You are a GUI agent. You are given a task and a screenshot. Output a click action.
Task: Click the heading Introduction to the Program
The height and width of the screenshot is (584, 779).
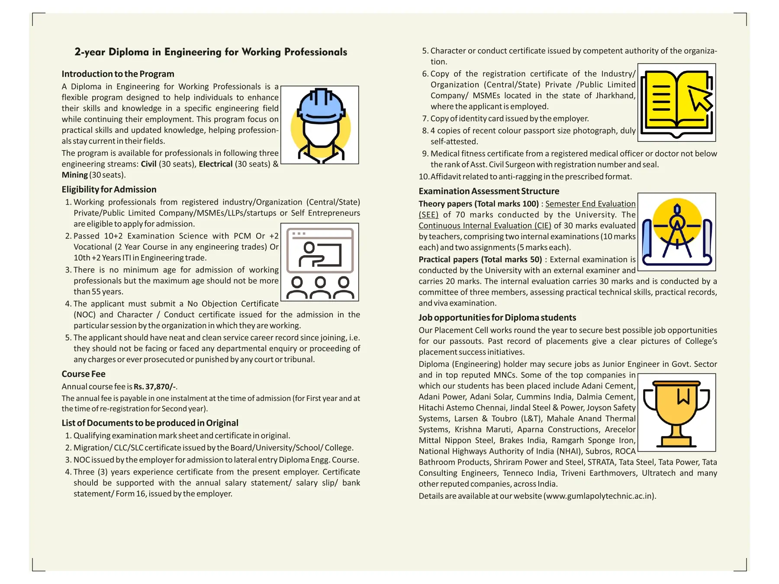(x=118, y=74)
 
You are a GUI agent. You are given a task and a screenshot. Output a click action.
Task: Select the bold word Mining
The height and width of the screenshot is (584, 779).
(x=74, y=175)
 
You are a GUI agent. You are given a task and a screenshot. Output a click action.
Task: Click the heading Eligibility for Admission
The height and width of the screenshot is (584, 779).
(x=109, y=189)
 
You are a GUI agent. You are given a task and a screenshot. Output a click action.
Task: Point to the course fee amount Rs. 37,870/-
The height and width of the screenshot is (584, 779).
(x=155, y=387)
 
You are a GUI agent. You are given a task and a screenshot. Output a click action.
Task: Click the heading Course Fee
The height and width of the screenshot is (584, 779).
(x=84, y=374)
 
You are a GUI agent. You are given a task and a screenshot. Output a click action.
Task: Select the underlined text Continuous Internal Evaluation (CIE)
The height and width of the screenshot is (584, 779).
(x=485, y=226)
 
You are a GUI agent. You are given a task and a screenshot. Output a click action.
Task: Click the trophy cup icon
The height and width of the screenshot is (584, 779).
(x=676, y=413)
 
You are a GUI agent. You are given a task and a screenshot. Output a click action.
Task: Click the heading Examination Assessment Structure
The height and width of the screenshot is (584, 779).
(x=489, y=191)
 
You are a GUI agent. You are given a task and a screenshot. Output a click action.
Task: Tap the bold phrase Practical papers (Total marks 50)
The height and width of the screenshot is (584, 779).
(x=480, y=260)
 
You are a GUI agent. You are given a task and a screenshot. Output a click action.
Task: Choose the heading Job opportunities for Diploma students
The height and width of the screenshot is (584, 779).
(x=497, y=318)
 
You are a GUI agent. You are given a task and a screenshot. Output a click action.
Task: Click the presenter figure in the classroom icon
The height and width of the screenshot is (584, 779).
(x=310, y=255)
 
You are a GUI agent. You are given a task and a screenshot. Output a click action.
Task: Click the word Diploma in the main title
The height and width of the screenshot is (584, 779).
(x=129, y=52)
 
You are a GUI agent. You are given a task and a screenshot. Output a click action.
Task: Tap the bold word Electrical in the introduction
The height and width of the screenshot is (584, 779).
(x=216, y=164)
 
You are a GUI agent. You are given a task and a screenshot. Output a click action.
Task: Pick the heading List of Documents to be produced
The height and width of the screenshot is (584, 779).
(x=150, y=423)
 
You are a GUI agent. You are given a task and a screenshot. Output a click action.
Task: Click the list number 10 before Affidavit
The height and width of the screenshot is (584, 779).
(x=424, y=176)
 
